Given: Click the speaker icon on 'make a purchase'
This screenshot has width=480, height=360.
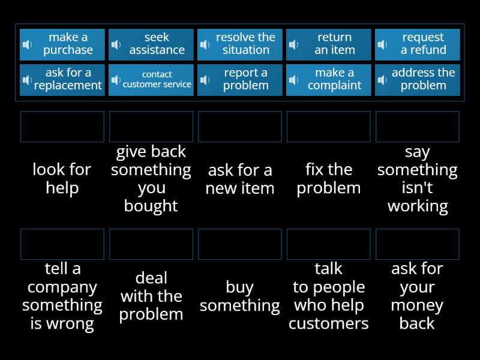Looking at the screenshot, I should click(x=27, y=44).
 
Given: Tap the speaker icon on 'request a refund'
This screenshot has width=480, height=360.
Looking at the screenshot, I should click(x=382, y=44).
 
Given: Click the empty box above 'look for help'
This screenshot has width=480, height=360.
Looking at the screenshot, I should click(x=62, y=127).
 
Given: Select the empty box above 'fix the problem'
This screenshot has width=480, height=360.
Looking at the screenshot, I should click(x=329, y=127).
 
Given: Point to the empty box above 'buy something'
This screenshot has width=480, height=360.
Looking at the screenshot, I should click(x=240, y=244).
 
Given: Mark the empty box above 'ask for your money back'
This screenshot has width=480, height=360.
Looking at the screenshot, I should click(x=418, y=244).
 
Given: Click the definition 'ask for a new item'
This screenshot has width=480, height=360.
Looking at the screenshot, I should click(x=240, y=179).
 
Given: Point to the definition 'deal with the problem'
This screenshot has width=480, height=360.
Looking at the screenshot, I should click(x=151, y=296).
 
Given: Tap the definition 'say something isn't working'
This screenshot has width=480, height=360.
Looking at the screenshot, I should click(x=418, y=179).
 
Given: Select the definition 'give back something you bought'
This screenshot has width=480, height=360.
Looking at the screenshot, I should click(x=151, y=179).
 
